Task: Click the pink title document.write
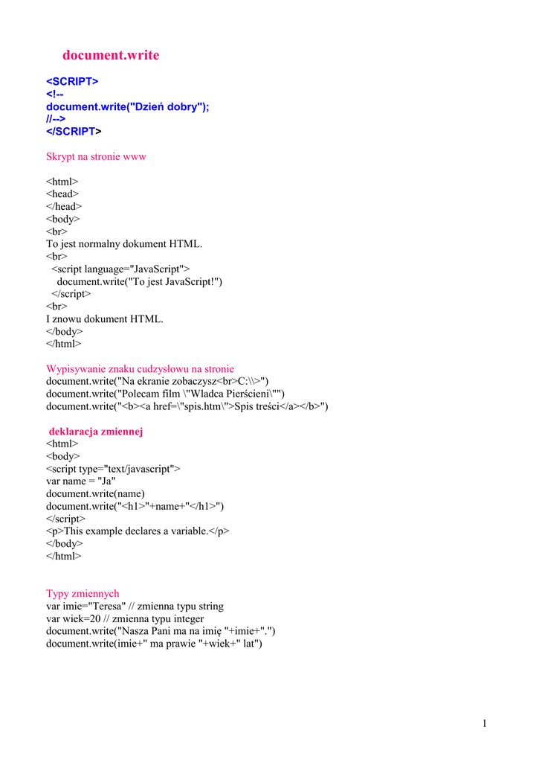(x=111, y=55)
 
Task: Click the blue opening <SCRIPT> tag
(x=72, y=81)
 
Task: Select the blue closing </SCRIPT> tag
(x=72, y=132)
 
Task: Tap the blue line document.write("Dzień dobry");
(x=128, y=106)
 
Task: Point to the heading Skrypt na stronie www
(x=96, y=157)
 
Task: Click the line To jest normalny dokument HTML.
(x=124, y=244)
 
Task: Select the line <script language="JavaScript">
(x=120, y=269)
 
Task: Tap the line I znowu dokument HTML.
(x=105, y=319)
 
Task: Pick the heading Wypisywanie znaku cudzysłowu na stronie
(x=140, y=369)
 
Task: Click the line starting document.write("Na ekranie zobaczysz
(x=157, y=382)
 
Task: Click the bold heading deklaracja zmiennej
(x=96, y=432)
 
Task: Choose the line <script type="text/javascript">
(x=113, y=469)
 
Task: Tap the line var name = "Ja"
(x=81, y=481)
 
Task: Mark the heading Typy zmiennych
(x=83, y=594)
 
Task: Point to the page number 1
(x=484, y=723)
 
